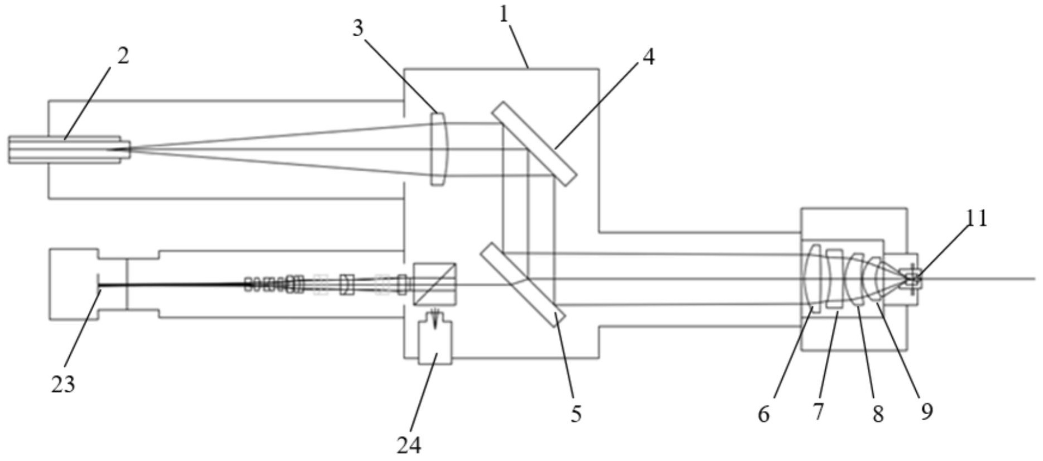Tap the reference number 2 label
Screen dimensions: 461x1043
pyautogui.click(x=123, y=55)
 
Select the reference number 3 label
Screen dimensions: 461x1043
pyautogui.click(x=358, y=28)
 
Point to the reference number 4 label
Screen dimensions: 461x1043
pyautogui.click(x=648, y=56)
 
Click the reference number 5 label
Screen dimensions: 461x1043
pyautogui.click(x=576, y=414)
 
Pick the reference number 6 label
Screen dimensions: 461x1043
pyautogui.click(x=763, y=414)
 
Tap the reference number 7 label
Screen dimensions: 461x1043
pyautogui.click(x=818, y=411)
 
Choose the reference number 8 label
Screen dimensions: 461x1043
pyautogui.click(x=878, y=414)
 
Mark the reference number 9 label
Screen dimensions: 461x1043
pyautogui.click(x=926, y=411)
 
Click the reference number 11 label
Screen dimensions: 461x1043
pyautogui.click(x=977, y=218)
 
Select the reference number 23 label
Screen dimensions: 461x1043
pyautogui.click(x=63, y=384)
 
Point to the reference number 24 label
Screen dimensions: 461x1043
pyautogui.click(x=409, y=445)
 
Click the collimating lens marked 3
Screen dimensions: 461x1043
pyautogui.click(x=438, y=149)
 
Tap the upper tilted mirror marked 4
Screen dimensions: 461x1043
pyautogui.click(x=534, y=143)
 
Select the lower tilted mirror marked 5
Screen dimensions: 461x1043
pyautogui.click(x=523, y=284)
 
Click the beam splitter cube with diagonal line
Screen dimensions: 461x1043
pyautogui.click(x=434, y=284)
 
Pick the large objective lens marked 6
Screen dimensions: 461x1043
pyautogui.click(x=813, y=278)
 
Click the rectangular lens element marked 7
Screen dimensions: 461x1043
pyautogui.click(x=835, y=278)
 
